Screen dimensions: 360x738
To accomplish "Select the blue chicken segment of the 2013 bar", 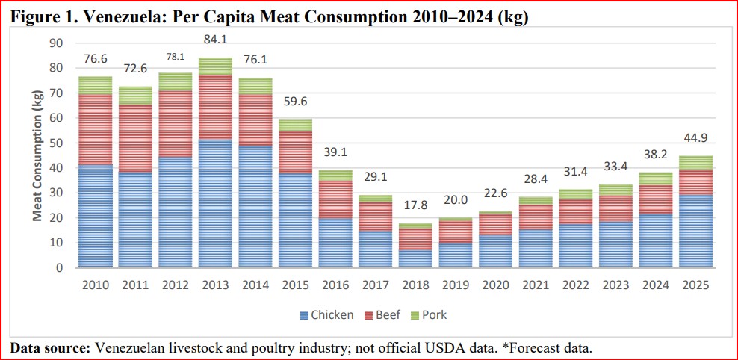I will click(x=216, y=202).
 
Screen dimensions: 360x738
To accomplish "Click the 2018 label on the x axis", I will click(x=416, y=285).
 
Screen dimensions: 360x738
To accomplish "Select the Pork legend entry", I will click(x=432, y=315).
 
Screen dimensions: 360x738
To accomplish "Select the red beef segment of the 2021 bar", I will click(x=536, y=217).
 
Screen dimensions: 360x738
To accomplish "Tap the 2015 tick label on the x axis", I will click(x=296, y=285).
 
